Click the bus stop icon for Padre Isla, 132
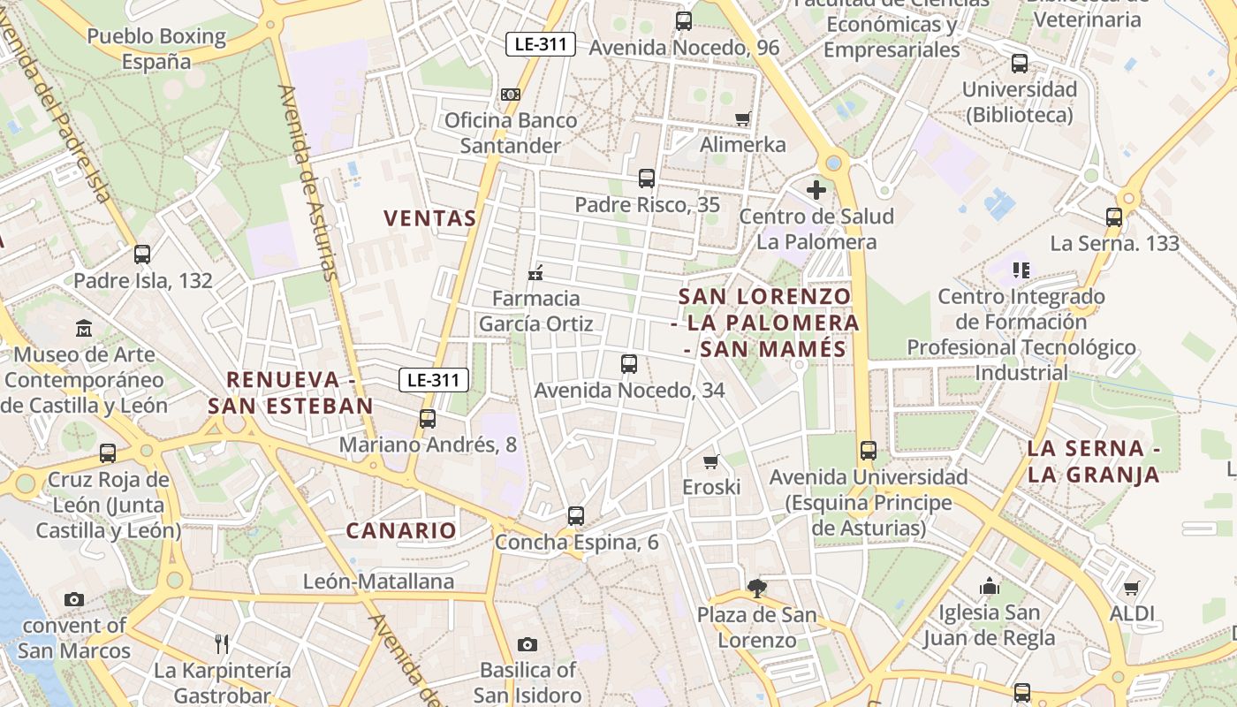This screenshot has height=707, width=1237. coord(142,255)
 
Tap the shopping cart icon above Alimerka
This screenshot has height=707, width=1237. coord(743,119)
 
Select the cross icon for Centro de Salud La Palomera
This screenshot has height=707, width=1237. coord(816,189)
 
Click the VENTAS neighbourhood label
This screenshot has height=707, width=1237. coord(430,218)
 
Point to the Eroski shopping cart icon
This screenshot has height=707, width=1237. coord(711,461)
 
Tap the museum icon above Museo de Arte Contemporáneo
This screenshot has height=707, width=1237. coord(84,329)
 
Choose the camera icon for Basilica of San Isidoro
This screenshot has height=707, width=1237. coord(527,644)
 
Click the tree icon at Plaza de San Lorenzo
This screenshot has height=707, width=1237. coord(756,588)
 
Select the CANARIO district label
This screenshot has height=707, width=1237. coord(401,531)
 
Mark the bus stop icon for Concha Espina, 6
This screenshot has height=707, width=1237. coord(576,516)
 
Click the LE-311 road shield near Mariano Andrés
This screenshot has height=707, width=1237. coord(434,381)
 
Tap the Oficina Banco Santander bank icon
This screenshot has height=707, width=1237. coord(511,95)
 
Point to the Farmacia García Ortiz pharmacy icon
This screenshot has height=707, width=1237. coord(535,272)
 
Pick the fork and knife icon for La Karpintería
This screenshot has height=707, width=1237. coord(223,643)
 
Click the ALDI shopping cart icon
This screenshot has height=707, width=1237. coord(1132,588)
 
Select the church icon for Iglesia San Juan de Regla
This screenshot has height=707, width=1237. coord(990,586)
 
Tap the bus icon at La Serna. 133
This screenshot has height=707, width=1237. coord(1114,217)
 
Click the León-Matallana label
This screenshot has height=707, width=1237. coord(378,582)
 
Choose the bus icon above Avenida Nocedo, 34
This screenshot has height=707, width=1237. coord(629,364)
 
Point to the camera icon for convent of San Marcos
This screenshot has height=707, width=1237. coord(74,600)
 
